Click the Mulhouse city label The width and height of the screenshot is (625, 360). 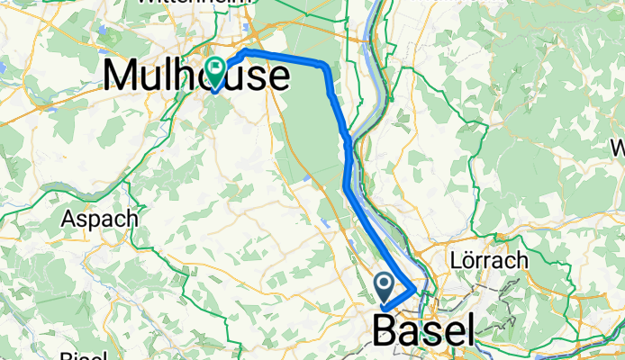click(197, 75)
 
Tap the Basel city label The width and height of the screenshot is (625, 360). click(423, 332)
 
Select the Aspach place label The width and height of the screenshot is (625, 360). click(99, 219)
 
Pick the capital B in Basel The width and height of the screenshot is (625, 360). click(385, 333)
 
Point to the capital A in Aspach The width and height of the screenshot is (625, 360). click(68, 219)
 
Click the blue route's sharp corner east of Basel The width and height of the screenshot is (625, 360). click(416, 290)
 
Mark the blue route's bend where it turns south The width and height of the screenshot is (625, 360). click(325, 65)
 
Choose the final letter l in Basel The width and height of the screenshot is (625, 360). click(467, 331)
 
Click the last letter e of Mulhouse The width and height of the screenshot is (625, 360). click(279, 76)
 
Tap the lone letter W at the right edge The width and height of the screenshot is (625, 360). click(619, 147)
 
